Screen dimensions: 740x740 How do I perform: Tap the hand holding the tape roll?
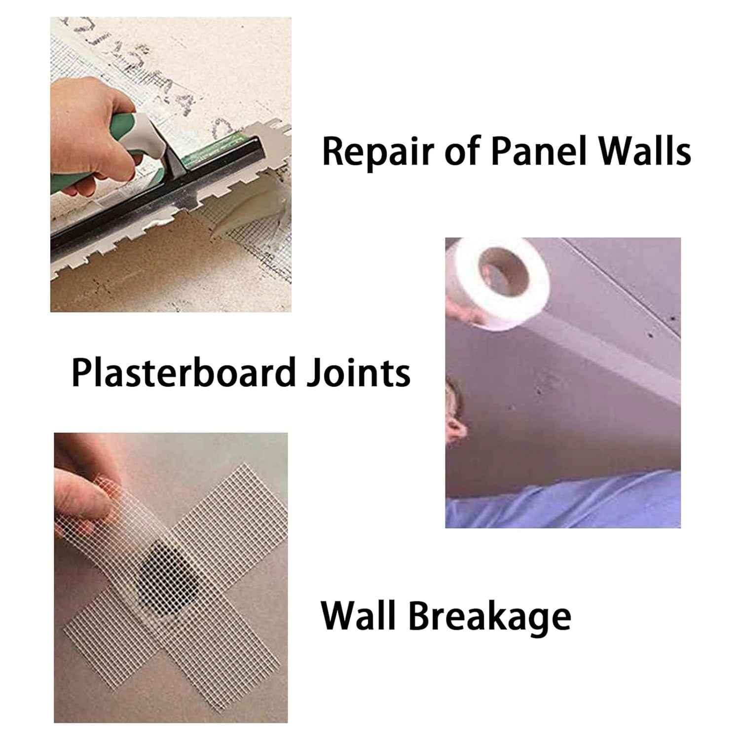click(x=461, y=308)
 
